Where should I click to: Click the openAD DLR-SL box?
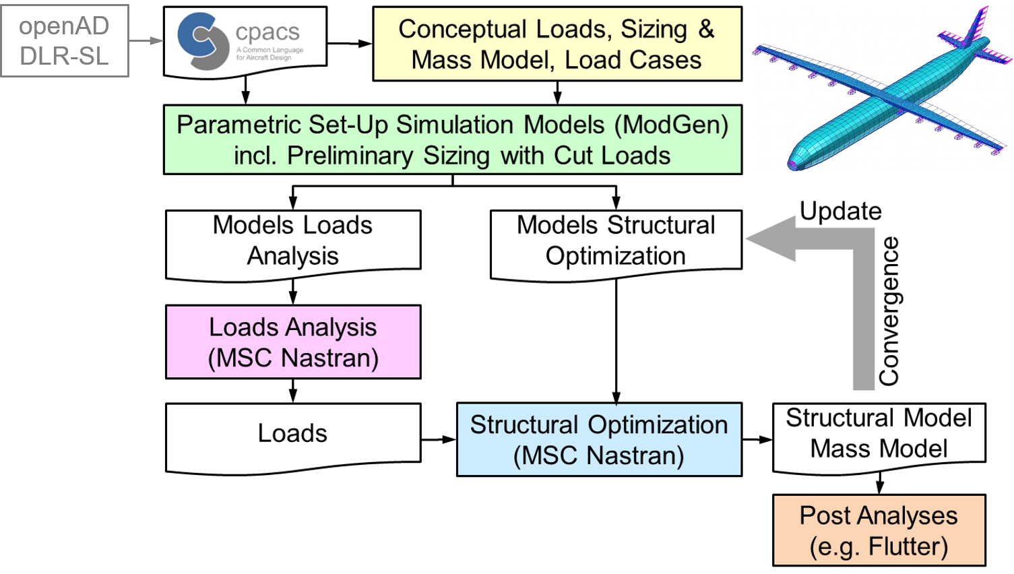click(x=65, y=40)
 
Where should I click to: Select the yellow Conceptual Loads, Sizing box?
click(x=557, y=44)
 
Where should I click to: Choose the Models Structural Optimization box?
click(x=616, y=241)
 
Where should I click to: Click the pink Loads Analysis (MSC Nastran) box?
click(x=293, y=342)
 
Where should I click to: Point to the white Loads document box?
click(x=293, y=434)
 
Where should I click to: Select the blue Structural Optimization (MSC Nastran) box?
click(x=599, y=440)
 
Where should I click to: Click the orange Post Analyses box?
click(x=879, y=531)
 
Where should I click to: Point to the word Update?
click(x=840, y=212)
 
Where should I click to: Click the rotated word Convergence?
click(x=889, y=311)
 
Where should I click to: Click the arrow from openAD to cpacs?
click(x=146, y=41)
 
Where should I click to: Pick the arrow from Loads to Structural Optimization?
click(x=439, y=440)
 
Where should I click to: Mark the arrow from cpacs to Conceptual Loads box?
click(x=350, y=44)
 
